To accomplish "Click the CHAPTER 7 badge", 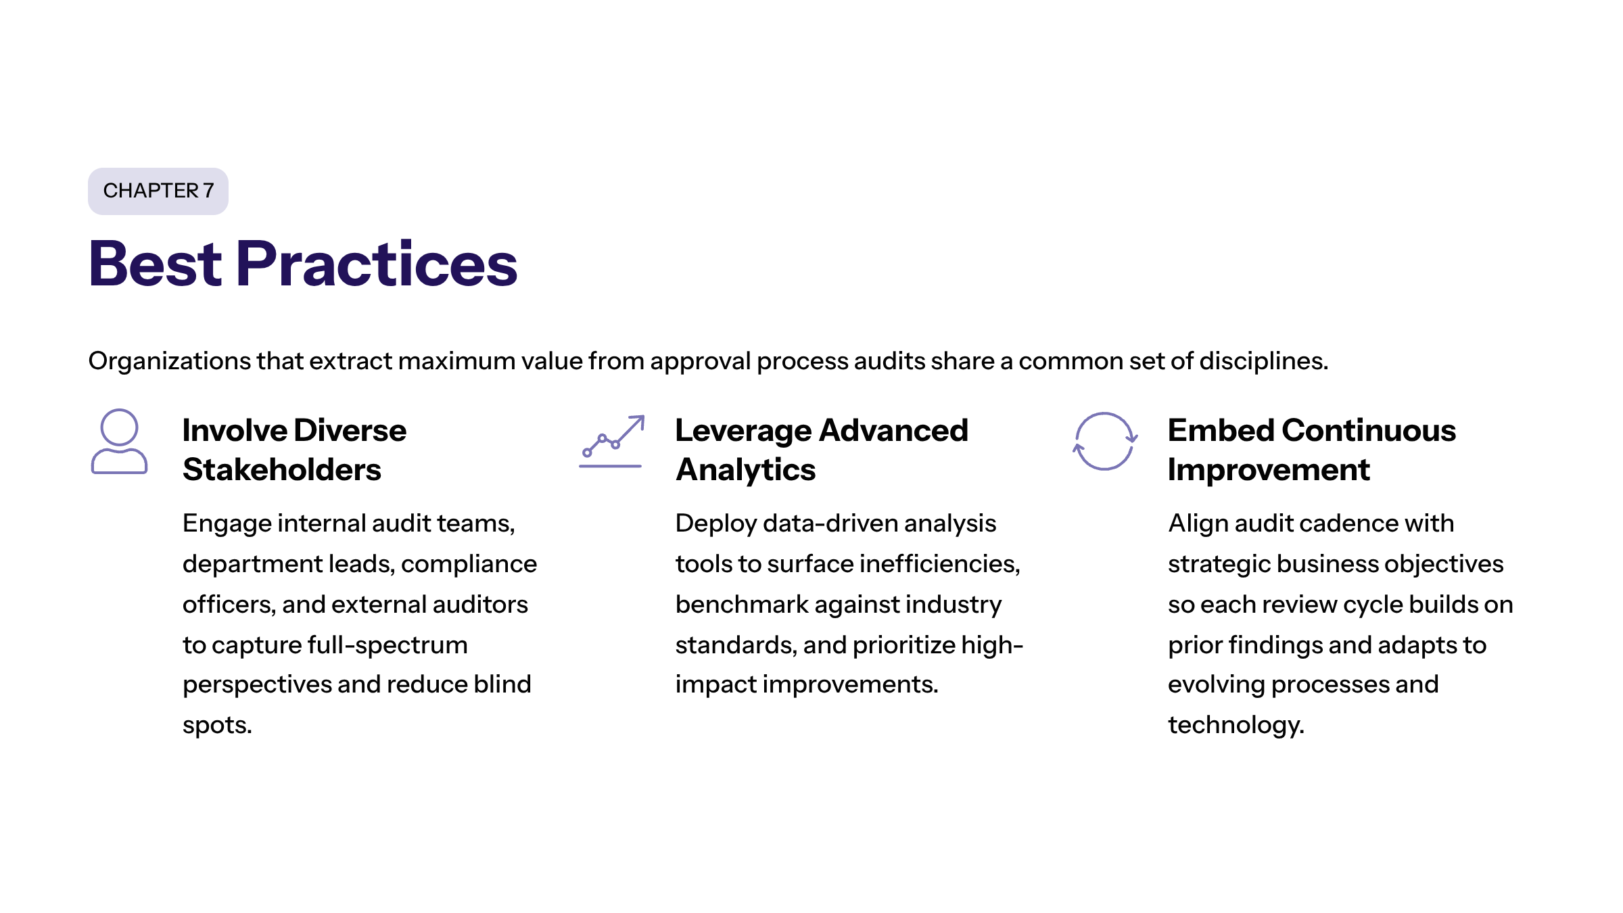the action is point(158,191).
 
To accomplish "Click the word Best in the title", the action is point(156,264).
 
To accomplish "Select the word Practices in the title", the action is point(377,264).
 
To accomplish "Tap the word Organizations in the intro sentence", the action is point(170,362).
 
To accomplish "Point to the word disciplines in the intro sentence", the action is point(1263,360).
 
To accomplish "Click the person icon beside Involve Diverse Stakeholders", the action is point(119,442).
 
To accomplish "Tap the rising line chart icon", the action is point(611,442).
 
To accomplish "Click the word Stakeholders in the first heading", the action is point(282,469).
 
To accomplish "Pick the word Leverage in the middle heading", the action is point(743,431).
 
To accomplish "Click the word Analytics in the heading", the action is point(746,470).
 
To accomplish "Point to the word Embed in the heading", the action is point(1221,430).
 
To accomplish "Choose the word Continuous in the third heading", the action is point(1369,430).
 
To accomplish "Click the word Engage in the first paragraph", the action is point(226,524).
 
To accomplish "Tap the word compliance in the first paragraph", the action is point(469,564).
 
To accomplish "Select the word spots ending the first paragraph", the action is point(217,726).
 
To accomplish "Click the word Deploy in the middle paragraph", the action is point(716,524).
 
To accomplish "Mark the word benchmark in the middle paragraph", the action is point(742,604).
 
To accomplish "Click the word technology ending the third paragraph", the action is point(1236,726).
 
